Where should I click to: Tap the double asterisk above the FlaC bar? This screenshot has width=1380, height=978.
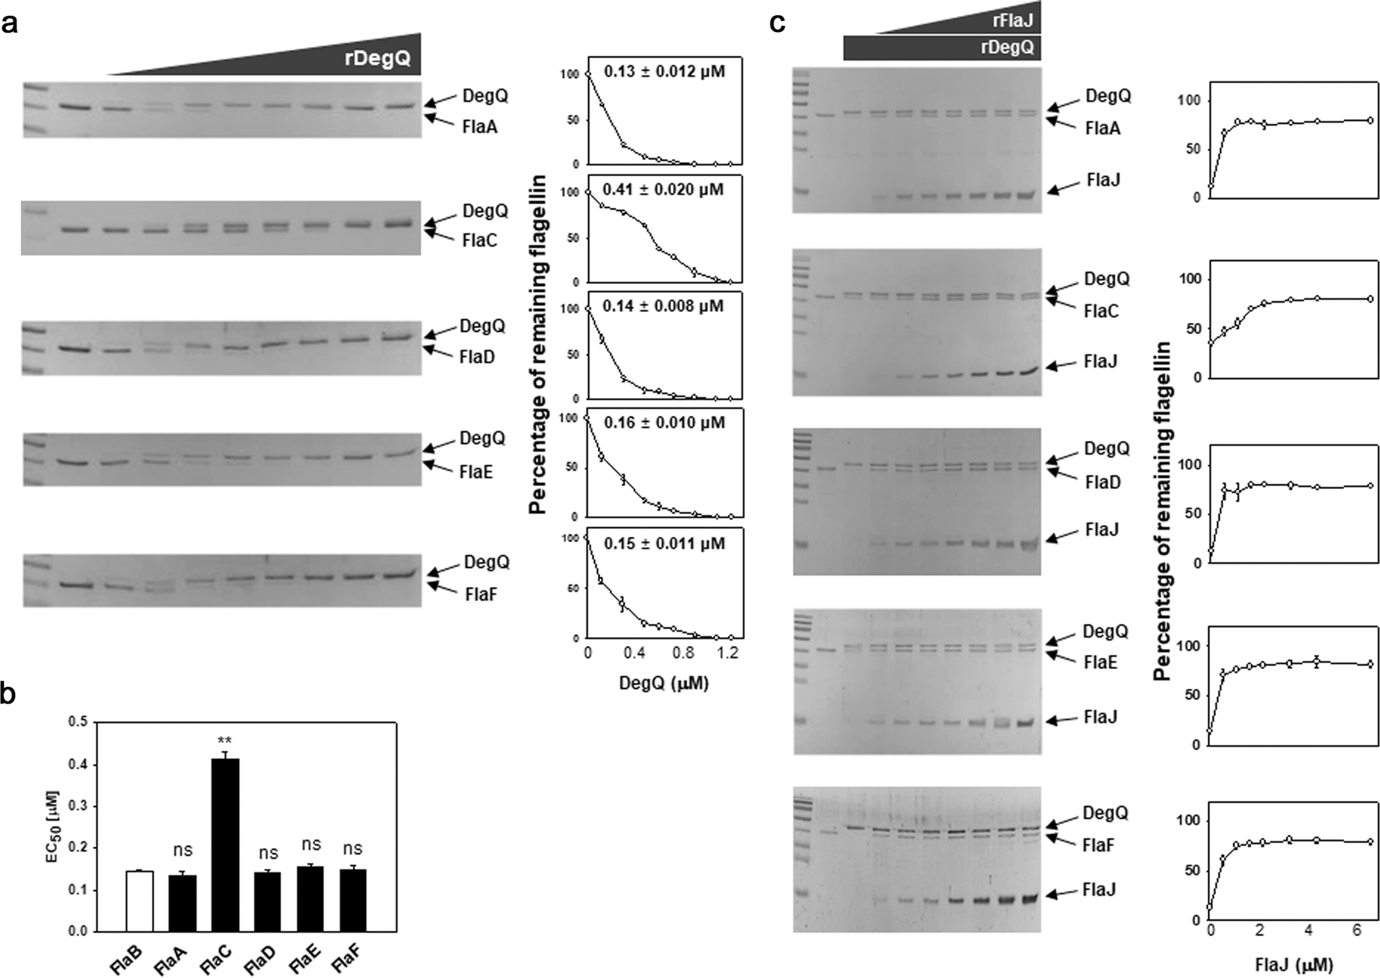(x=225, y=741)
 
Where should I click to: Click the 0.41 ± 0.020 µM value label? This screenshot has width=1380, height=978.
(x=664, y=190)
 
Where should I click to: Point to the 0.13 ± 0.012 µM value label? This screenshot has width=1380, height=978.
(x=664, y=72)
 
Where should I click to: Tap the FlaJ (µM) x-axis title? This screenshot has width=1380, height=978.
(x=1294, y=962)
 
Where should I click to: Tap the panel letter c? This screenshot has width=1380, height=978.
(x=778, y=23)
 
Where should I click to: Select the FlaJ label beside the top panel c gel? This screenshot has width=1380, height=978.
(x=1102, y=180)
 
